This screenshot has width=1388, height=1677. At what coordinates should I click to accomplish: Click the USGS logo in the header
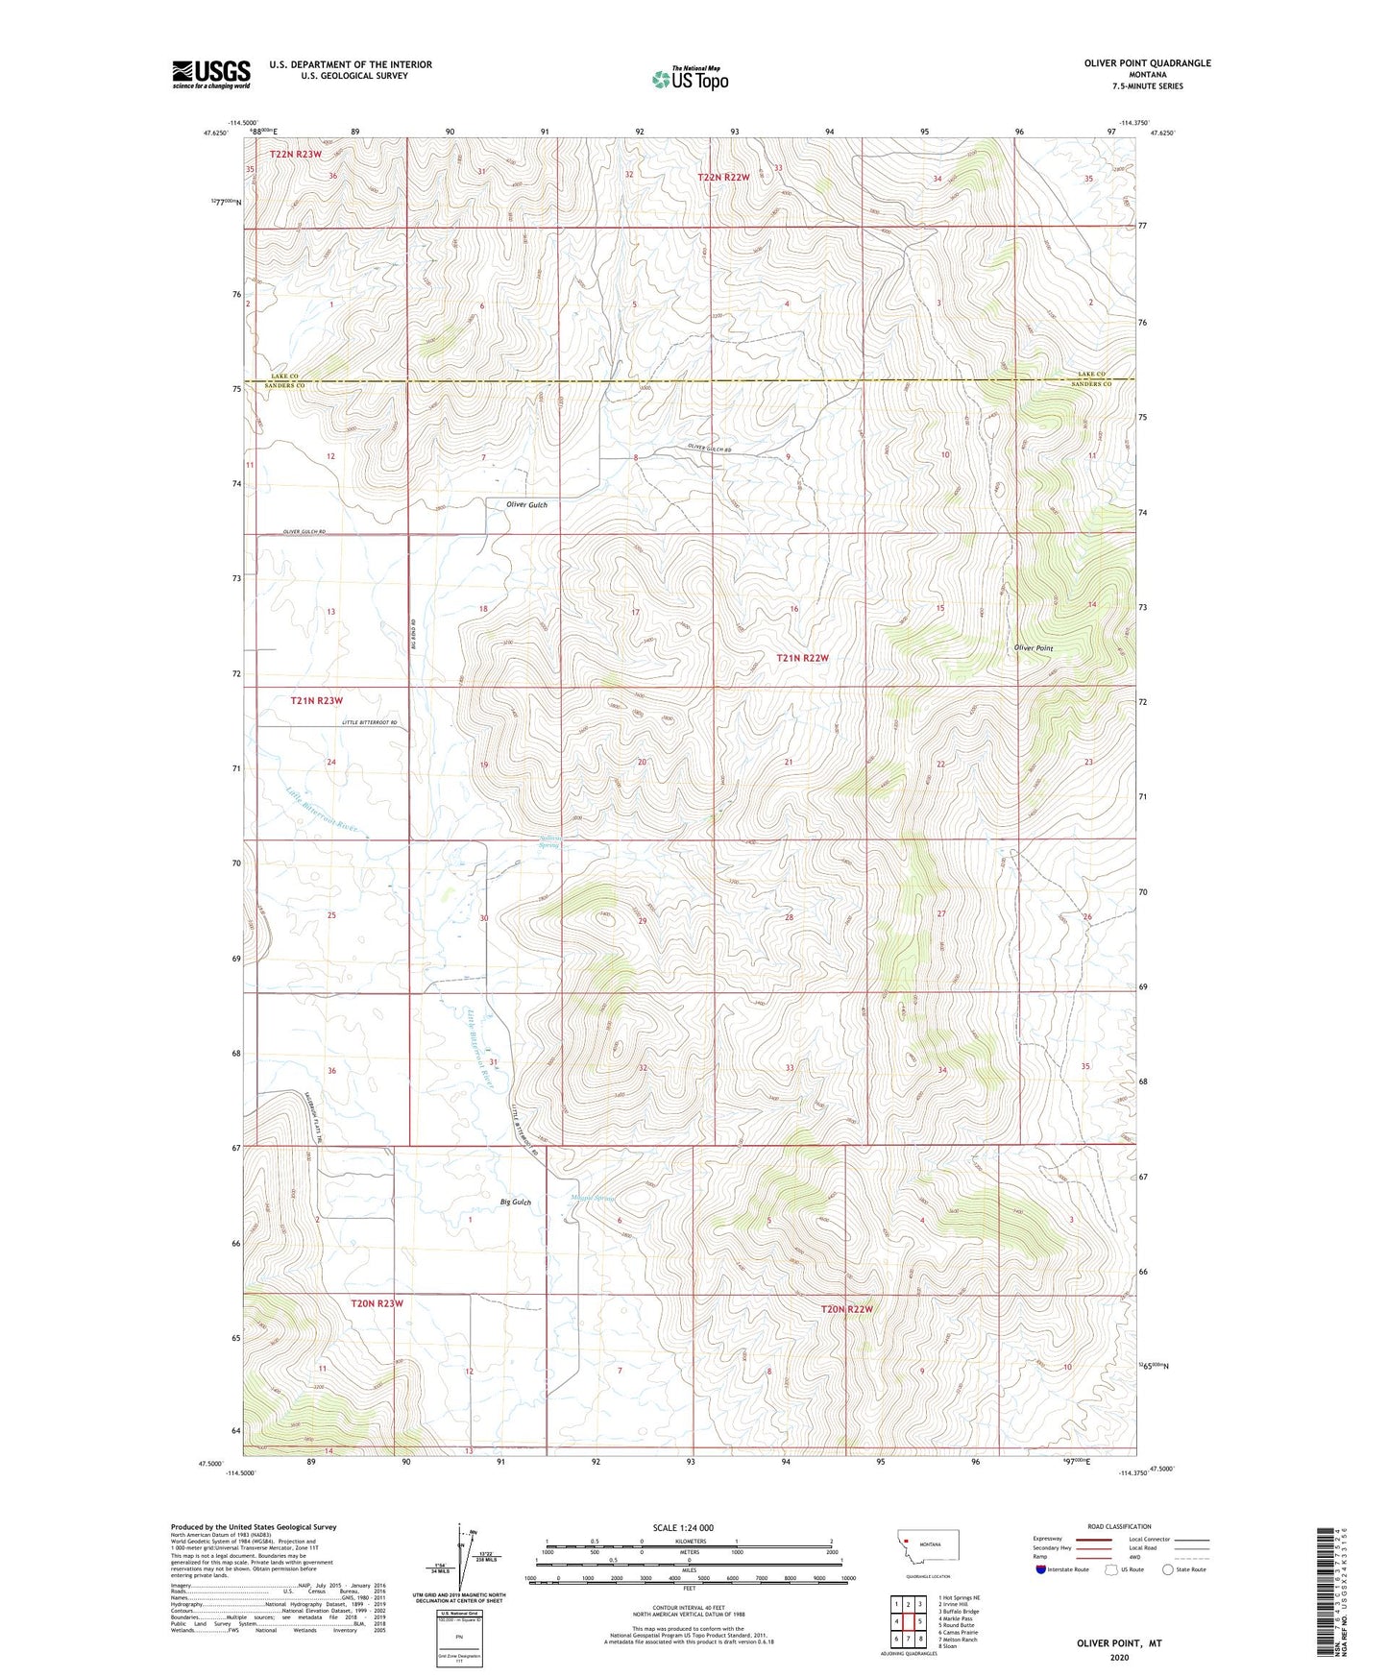[211, 74]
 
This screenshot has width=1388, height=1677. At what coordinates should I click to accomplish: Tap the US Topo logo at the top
[690, 79]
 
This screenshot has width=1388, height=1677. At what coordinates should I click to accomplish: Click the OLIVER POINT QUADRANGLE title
[1147, 63]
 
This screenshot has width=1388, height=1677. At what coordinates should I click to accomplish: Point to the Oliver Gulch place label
[526, 504]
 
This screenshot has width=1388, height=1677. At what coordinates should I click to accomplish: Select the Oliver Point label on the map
[1034, 648]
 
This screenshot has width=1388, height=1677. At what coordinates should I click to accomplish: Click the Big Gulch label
[516, 1203]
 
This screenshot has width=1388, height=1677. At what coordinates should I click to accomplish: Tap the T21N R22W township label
[802, 658]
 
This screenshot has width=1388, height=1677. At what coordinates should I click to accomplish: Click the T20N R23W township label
[376, 1303]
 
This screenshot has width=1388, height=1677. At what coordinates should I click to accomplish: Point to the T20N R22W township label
[847, 1309]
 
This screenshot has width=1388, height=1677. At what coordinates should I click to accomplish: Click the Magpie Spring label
[592, 1198]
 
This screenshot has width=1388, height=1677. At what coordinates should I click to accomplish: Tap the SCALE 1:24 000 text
[683, 1528]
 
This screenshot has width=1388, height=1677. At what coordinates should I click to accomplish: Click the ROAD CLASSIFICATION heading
[1118, 1526]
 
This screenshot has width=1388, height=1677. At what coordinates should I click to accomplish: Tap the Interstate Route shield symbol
[1041, 1569]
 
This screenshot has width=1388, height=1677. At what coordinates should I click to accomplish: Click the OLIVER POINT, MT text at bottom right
[1119, 1643]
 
